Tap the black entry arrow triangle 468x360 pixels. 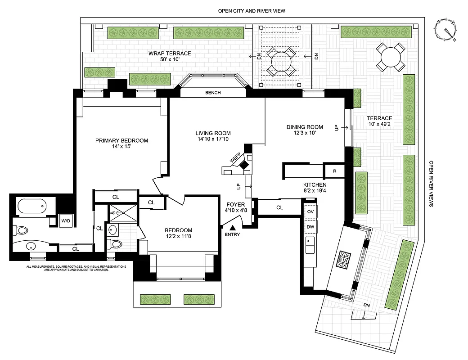pyautogui.click(x=233, y=227)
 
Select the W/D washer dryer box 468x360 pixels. pyautogui.click(x=66, y=220)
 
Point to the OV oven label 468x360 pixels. pyautogui.click(x=310, y=211)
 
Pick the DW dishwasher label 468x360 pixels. pyautogui.click(x=310, y=226)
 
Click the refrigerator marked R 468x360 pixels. pyautogui.click(x=335, y=171)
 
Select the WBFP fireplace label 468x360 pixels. pyautogui.click(x=234, y=159)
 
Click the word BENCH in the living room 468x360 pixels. pyautogui.click(x=213, y=93)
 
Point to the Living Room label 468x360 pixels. pyautogui.click(x=213, y=133)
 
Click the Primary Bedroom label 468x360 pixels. pyautogui.click(x=121, y=140)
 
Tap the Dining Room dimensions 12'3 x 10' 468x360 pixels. pyautogui.click(x=305, y=133)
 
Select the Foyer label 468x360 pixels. pyautogui.click(x=235, y=204)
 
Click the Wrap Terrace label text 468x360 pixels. pyautogui.click(x=170, y=54)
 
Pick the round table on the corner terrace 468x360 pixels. pyautogui.click(x=391, y=57)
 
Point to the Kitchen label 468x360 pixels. pyautogui.click(x=315, y=185)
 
